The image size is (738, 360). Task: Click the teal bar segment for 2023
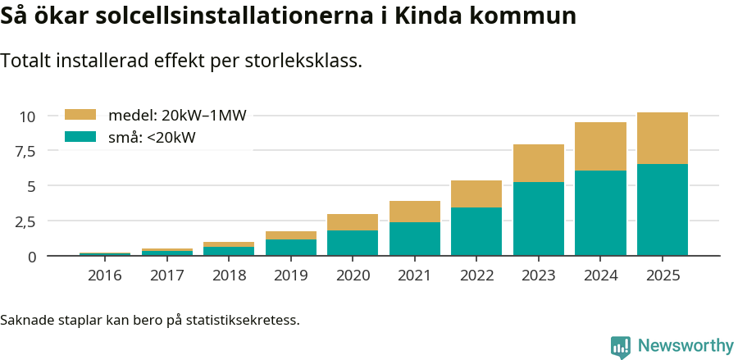(x=539, y=219)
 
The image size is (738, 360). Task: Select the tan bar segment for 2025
(x=663, y=138)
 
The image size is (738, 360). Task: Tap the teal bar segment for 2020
(x=353, y=243)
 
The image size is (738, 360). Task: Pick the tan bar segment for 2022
(x=476, y=194)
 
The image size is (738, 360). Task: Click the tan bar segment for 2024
(x=600, y=146)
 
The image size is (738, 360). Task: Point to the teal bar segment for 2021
(x=415, y=239)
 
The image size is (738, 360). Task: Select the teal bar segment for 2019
(x=291, y=247)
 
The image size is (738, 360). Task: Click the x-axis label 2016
(x=105, y=276)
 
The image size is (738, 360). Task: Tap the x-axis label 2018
(x=229, y=276)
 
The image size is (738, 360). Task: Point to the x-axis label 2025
(x=663, y=276)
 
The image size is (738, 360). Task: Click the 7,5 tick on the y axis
(x=25, y=152)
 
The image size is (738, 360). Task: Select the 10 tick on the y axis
(x=28, y=116)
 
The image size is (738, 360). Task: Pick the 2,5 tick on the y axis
(x=25, y=221)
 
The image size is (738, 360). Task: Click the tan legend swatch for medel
(x=80, y=115)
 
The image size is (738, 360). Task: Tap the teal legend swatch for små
(x=80, y=137)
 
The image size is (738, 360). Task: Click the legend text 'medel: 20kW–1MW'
(x=177, y=116)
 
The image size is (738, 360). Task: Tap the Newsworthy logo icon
(x=621, y=346)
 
